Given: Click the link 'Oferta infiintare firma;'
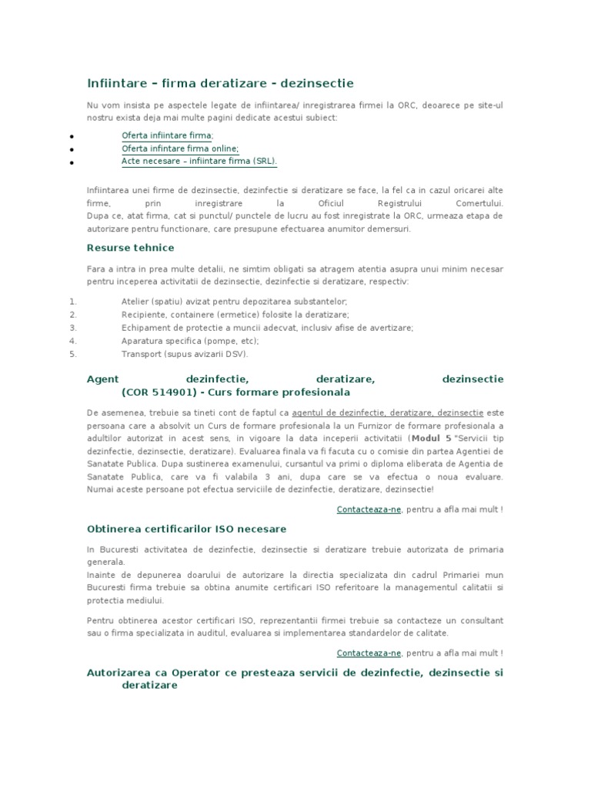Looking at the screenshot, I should click(x=167, y=135).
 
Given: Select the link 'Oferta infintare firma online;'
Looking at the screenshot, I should click(x=180, y=149).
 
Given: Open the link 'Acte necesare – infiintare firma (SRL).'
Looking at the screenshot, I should click(x=199, y=161).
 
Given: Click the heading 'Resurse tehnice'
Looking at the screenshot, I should click(x=130, y=248).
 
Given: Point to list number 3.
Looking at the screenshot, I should click(x=73, y=327).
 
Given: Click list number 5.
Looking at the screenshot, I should click(x=73, y=354).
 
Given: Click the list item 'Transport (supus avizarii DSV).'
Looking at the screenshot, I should click(x=185, y=354).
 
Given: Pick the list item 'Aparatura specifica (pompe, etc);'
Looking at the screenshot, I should click(x=190, y=341).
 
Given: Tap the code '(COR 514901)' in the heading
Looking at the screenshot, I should click(x=157, y=392).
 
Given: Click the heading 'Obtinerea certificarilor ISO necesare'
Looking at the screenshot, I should click(x=186, y=529).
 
